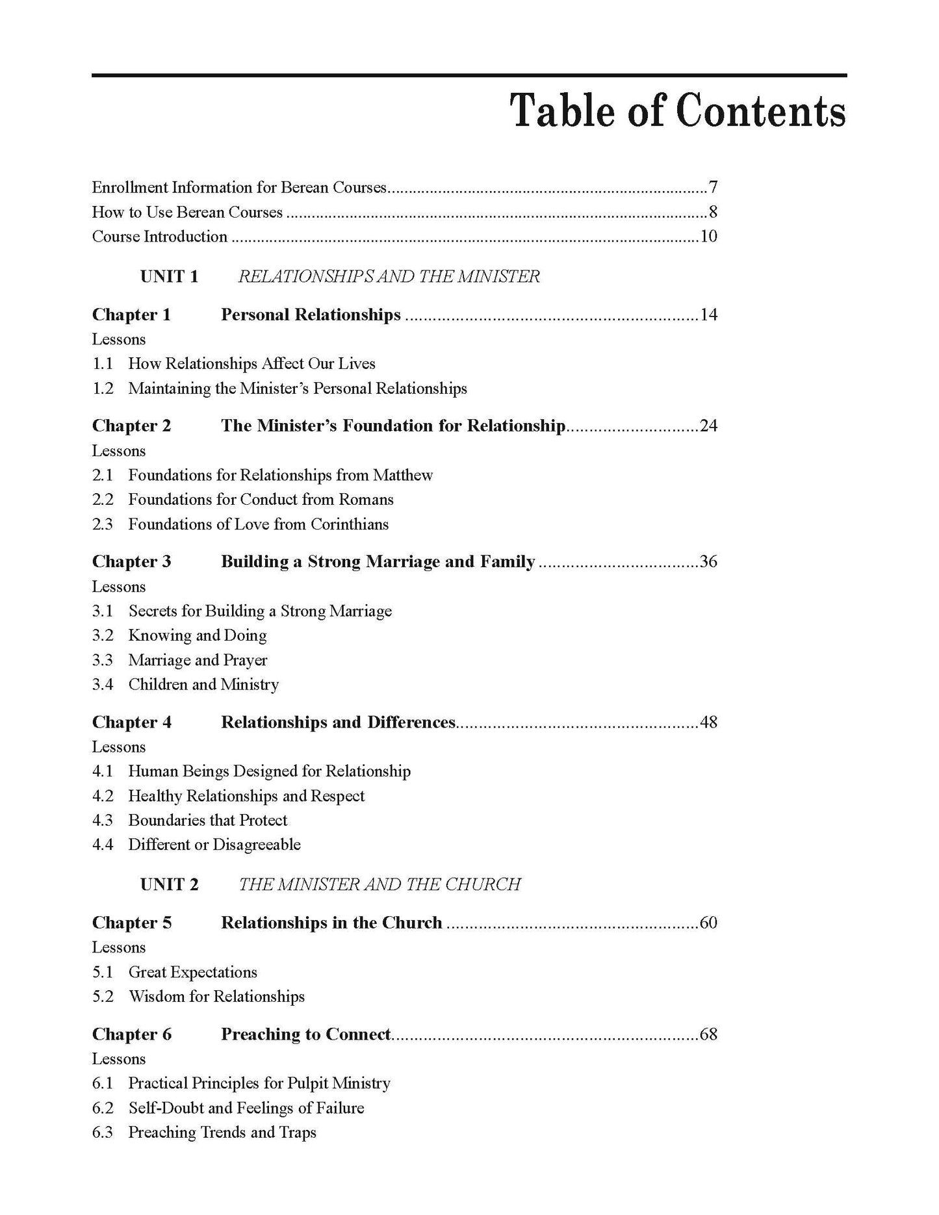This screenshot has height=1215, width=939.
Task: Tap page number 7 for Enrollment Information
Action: pyautogui.click(x=713, y=188)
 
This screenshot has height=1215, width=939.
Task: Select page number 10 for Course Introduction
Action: pyautogui.click(x=708, y=237)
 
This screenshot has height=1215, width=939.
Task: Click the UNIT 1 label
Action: pyautogui.click(x=169, y=277)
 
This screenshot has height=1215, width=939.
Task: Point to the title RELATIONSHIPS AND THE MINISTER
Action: pyautogui.click(x=389, y=277)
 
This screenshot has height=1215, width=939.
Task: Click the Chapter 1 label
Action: pyautogui.click(x=131, y=315)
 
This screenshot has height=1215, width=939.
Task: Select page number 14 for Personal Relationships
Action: pyautogui.click(x=708, y=315)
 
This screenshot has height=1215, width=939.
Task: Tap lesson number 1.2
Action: pyautogui.click(x=103, y=389)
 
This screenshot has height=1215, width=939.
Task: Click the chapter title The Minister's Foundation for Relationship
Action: pyautogui.click(x=393, y=426)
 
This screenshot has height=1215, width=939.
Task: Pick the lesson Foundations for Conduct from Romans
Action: pyautogui.click(x=261, y=500)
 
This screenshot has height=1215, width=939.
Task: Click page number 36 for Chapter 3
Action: pyautogui.click(x=708, y=562)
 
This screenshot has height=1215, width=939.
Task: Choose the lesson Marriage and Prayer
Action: pyautogui.click(x=198, y=660)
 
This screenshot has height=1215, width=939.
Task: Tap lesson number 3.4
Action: pyautogui.click(x=103, y=685)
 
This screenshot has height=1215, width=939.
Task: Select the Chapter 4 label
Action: pyautogui.click(x=132, y=723)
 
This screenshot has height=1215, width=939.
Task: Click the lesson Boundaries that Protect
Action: pyautogui.click(x=207, y=821)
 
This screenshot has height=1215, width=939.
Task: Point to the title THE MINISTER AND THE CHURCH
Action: pyautogui.click(x=379, y=884)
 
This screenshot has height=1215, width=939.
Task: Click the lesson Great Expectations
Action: pyautogui.click(x=192, y=973)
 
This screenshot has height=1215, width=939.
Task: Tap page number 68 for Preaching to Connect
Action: pyautogui.click(x=708, y=1034)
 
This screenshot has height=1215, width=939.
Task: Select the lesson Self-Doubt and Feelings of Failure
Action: pyautogui.click(x=246, y=1108)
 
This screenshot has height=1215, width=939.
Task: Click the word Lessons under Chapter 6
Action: pyautogui.click(x=119, y=1059)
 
